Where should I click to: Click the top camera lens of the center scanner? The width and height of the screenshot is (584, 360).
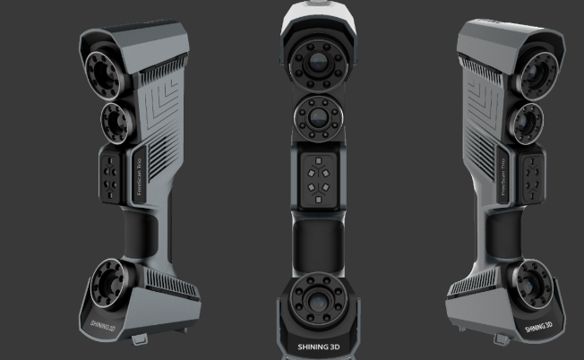click(320, 60)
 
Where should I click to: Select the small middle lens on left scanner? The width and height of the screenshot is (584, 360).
click(115, 117)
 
